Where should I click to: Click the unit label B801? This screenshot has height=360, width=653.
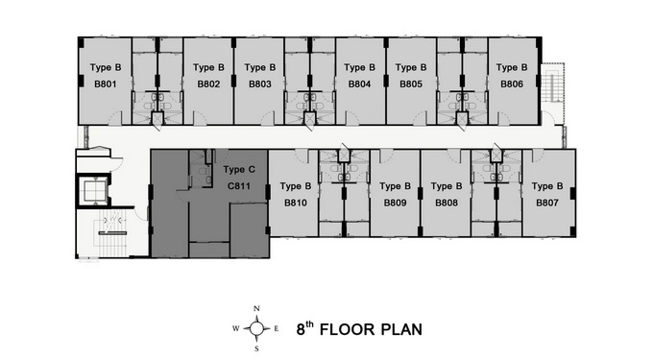(x=106, y=84)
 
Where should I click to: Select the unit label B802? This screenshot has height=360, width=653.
(x=208, y=84)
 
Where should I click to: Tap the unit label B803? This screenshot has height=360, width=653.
(x=260, y=84)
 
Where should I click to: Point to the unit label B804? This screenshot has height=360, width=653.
(x=359, y=84)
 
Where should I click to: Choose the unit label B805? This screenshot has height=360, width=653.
(x=411, y=84)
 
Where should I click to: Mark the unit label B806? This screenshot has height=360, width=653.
(x=512, y=84)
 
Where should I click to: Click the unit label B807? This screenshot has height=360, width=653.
(x=546, y=203)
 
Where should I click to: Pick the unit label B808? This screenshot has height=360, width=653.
(x=447, y=203)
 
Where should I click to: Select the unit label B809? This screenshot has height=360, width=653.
(x=395, y=203)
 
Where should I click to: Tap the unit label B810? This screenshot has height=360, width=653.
(x=295, y=203)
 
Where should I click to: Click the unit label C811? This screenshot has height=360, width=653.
(x=239, y=186)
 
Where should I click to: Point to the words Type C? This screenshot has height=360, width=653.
(x=239, y=170)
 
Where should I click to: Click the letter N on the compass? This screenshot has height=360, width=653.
(x=256, y=309)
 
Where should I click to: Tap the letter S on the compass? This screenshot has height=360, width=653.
(x=256, y=348)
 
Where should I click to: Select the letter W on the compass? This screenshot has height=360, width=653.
(x=235, y=328)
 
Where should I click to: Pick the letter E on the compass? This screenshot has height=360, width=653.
(x=277, y=328)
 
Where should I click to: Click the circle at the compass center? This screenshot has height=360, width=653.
(x=256, y=328)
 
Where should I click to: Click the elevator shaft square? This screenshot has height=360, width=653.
(x=94, y=191)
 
